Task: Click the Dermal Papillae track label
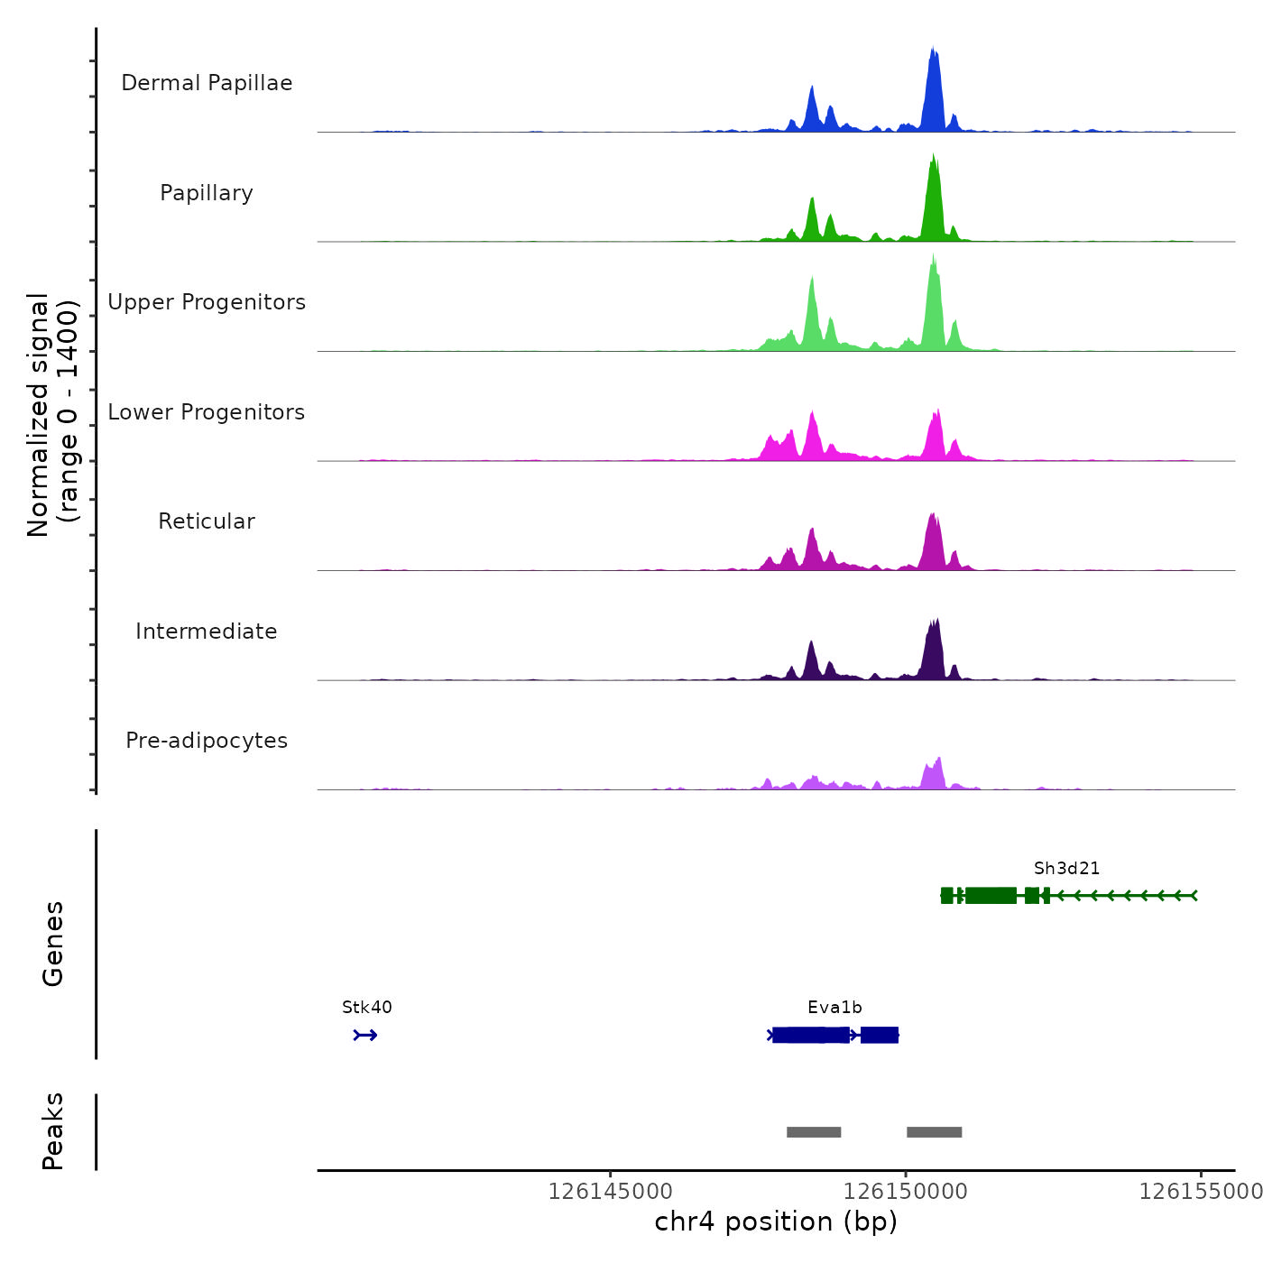pyautogui.click(x=207, y=83)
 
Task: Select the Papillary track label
pyautogui.click(x=207, y=193)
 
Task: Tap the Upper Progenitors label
pyautogui.click(x=207, y=302)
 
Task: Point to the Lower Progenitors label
pyautogui.click(x=207, y=412)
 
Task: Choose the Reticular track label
pyautogui.click(x=207, y=521)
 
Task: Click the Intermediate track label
pyautogui.click(x=207, y=631)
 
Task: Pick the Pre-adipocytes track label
pyautogui.click(x=207, y=741)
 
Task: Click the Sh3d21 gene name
pyautogui.click(x=1066, y=869)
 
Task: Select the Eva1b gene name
pyautogui.click(x=834, y=1008)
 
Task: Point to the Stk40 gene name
pyautogui.click(x=367, y=1008)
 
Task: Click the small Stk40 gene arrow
pyautogui.click(x=365, y=1035)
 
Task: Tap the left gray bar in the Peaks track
pyautogui.click(x=814, y=1132)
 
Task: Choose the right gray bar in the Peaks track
pyautogui.click(x=934, y=1132)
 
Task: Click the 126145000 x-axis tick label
pyautogui.click(x=611, y=1192)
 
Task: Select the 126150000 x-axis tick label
pyautogui.click(x=906, y=1192)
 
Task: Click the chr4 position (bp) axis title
pyautogui.click(x=776, y=1222)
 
